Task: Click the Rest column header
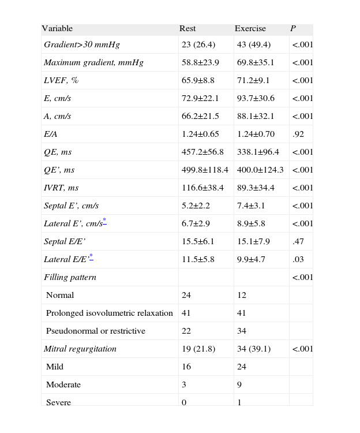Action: coord(187,29)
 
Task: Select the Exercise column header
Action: coord(250,29)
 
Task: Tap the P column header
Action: coord(293,29)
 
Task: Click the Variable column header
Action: coord(57,29)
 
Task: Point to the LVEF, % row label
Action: coord(61,80)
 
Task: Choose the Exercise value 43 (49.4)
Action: coord(255,44)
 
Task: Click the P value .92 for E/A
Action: coord(298,134)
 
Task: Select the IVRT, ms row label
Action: coord(61,188)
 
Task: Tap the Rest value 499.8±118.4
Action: coord(205,170)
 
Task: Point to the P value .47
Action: coord(298,241)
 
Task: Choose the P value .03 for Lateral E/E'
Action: coord(298,259)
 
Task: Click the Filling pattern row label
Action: coord(70,277)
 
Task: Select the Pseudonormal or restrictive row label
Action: coord(96,331)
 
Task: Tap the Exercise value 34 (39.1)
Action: coord(255,349)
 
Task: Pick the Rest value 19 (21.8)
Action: coord(200,349)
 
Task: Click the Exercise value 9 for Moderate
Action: coord(239,385)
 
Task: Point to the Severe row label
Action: coord(58,402)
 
